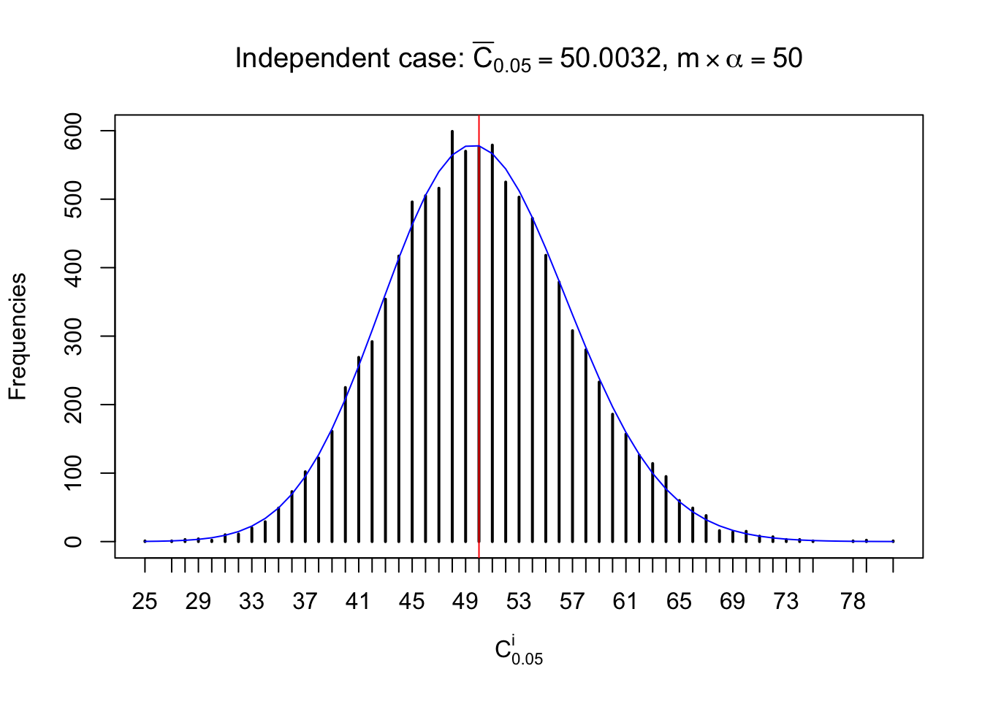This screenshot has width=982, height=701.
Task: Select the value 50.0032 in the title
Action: [x=610, y=58]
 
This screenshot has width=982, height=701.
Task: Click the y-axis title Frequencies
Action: [x=18, y=337]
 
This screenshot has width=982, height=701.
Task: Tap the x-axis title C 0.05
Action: [x=518, y=650]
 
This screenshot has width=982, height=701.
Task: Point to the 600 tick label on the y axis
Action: [x=73, y=131]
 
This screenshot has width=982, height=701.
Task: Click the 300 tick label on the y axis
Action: [x=73, y=336]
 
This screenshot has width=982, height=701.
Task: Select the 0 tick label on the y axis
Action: [x=73, y=542]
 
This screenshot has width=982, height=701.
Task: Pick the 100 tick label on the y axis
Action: [x=73, y=473]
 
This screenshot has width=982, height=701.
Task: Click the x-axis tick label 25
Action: [x=145, y=602]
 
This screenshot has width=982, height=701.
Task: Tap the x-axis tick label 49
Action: [x=465, y=602]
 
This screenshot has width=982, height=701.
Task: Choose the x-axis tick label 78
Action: [x=853, y=602]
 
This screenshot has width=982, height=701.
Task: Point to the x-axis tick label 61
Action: [x=625, y=602]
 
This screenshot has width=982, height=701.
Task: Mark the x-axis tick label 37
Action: [x=305, y=602]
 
